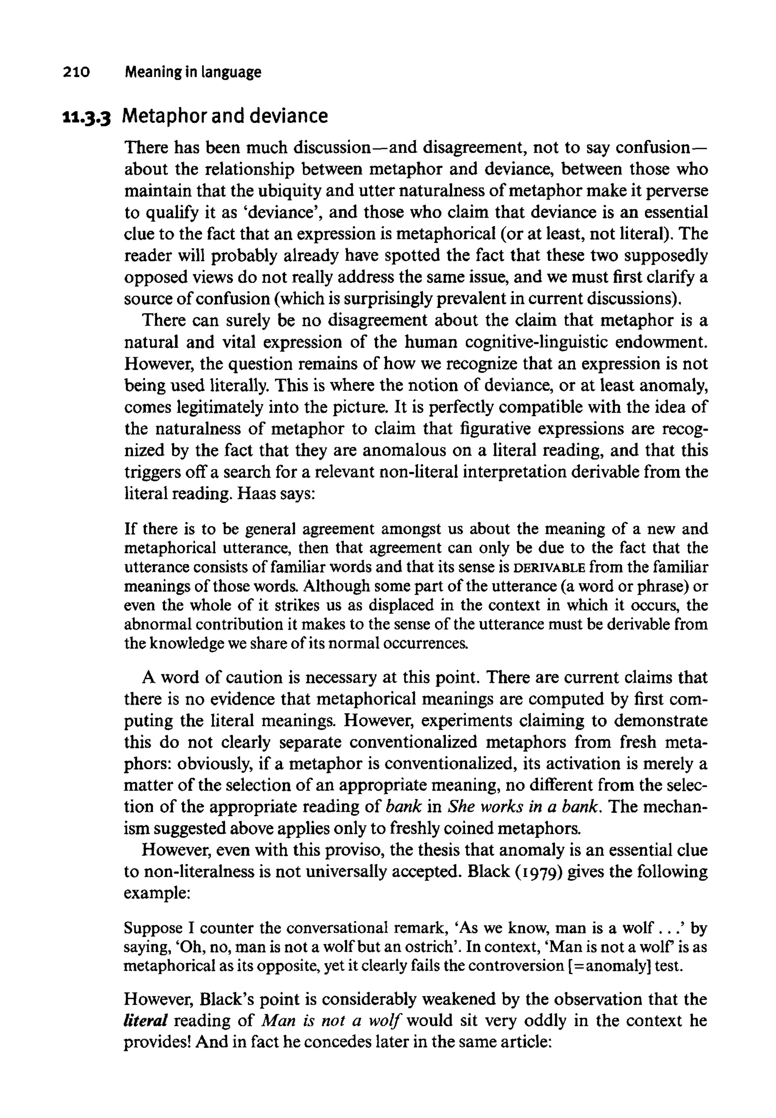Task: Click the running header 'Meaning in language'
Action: pyautogui.click(x=192, y=72)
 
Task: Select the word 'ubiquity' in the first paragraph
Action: pyautogui.click(x=289, y=191)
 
